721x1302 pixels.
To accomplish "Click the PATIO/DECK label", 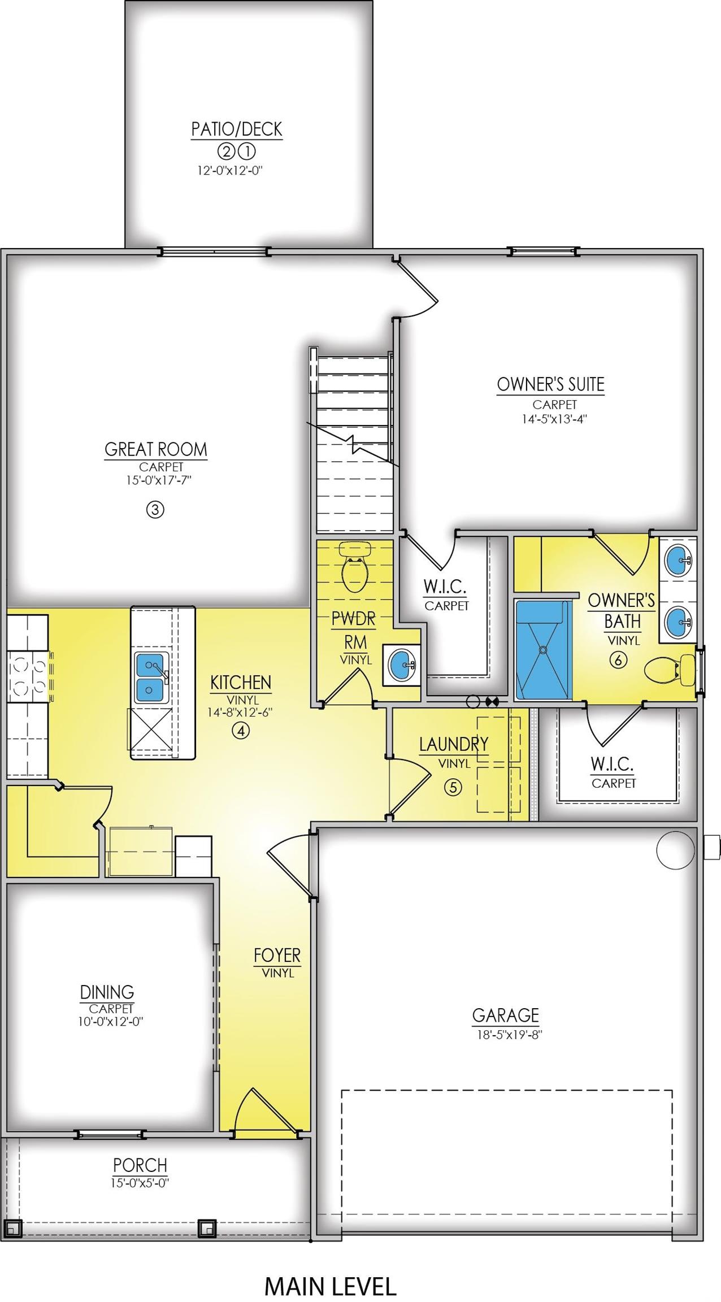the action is (x=237, y=129).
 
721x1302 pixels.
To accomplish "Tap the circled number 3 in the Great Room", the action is (x=155, y=510).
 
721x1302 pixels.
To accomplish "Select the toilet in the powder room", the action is (x=355, y=567).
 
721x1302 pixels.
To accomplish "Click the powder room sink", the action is (x=402, y=665).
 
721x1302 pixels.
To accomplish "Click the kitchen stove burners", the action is (x=27, y=676).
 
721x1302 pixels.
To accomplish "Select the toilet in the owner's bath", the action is (x=670, y=670).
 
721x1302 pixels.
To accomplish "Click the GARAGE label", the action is (x=506, y=1015).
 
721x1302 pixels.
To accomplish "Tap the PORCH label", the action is (x=140, y=1165).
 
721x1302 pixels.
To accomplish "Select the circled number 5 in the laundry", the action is (x=453, y=787).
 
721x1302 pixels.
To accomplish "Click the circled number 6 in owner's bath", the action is (x=619, y=659).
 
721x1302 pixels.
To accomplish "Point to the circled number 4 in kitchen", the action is (x=241, y=731).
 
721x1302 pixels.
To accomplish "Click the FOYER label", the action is (x=277, y=955).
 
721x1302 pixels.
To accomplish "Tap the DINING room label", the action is (x=107, y=992).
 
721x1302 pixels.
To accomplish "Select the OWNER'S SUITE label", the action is (x=551, y=384).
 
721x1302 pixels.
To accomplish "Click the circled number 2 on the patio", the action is (x=225, y=151).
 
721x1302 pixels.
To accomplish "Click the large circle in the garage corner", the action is (x=675, y=850).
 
